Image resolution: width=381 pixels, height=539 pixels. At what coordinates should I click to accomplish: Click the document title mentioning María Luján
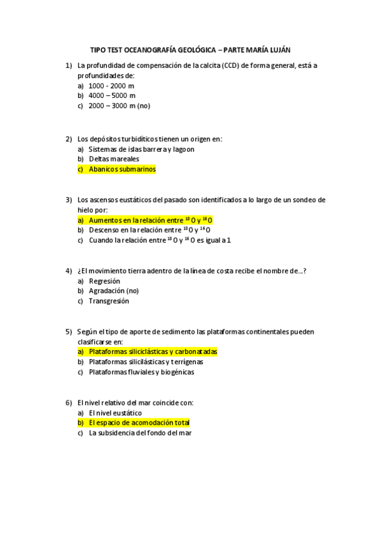[x=190, y=49]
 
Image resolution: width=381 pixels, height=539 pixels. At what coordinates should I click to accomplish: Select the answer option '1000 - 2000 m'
[x=111, y=86]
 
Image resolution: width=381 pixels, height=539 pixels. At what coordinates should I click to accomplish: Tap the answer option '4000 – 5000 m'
[x=112, y=96]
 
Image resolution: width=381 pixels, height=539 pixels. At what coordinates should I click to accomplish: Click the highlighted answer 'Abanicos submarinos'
[x=121, y=170]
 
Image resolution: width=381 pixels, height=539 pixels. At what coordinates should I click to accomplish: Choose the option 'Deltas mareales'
[x=114, y=160]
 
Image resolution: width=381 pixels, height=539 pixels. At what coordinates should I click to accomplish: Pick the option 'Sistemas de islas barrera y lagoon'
[x=141, y=149]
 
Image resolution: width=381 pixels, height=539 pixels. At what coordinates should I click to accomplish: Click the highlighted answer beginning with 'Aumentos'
[x=150, y=220]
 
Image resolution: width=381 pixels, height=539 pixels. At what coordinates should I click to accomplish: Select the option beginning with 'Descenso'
[x=149, y=230]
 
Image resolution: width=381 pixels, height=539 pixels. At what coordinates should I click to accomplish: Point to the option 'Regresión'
[x=104, y=281]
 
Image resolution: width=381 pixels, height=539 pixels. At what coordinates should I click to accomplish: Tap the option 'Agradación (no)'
[x=114, y=291]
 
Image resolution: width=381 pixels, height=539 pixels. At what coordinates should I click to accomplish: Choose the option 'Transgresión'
[x=109, y=301]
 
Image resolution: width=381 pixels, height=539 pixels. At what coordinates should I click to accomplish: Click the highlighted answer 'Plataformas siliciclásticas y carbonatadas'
[x=153, y=351]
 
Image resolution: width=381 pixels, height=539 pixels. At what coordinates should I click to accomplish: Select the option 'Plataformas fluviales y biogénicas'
[x=141, y=372]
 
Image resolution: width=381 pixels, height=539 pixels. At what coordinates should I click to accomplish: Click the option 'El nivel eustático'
[x=115, y=413]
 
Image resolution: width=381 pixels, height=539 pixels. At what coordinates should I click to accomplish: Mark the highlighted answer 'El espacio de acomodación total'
[x=139, y=423]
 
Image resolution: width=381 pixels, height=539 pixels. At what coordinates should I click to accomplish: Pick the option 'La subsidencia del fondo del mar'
[x=140, y=433]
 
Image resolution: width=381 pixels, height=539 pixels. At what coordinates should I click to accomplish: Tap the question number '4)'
[x=69, y=271]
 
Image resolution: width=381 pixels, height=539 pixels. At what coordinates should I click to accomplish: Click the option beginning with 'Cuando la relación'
[x=159, y=240]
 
